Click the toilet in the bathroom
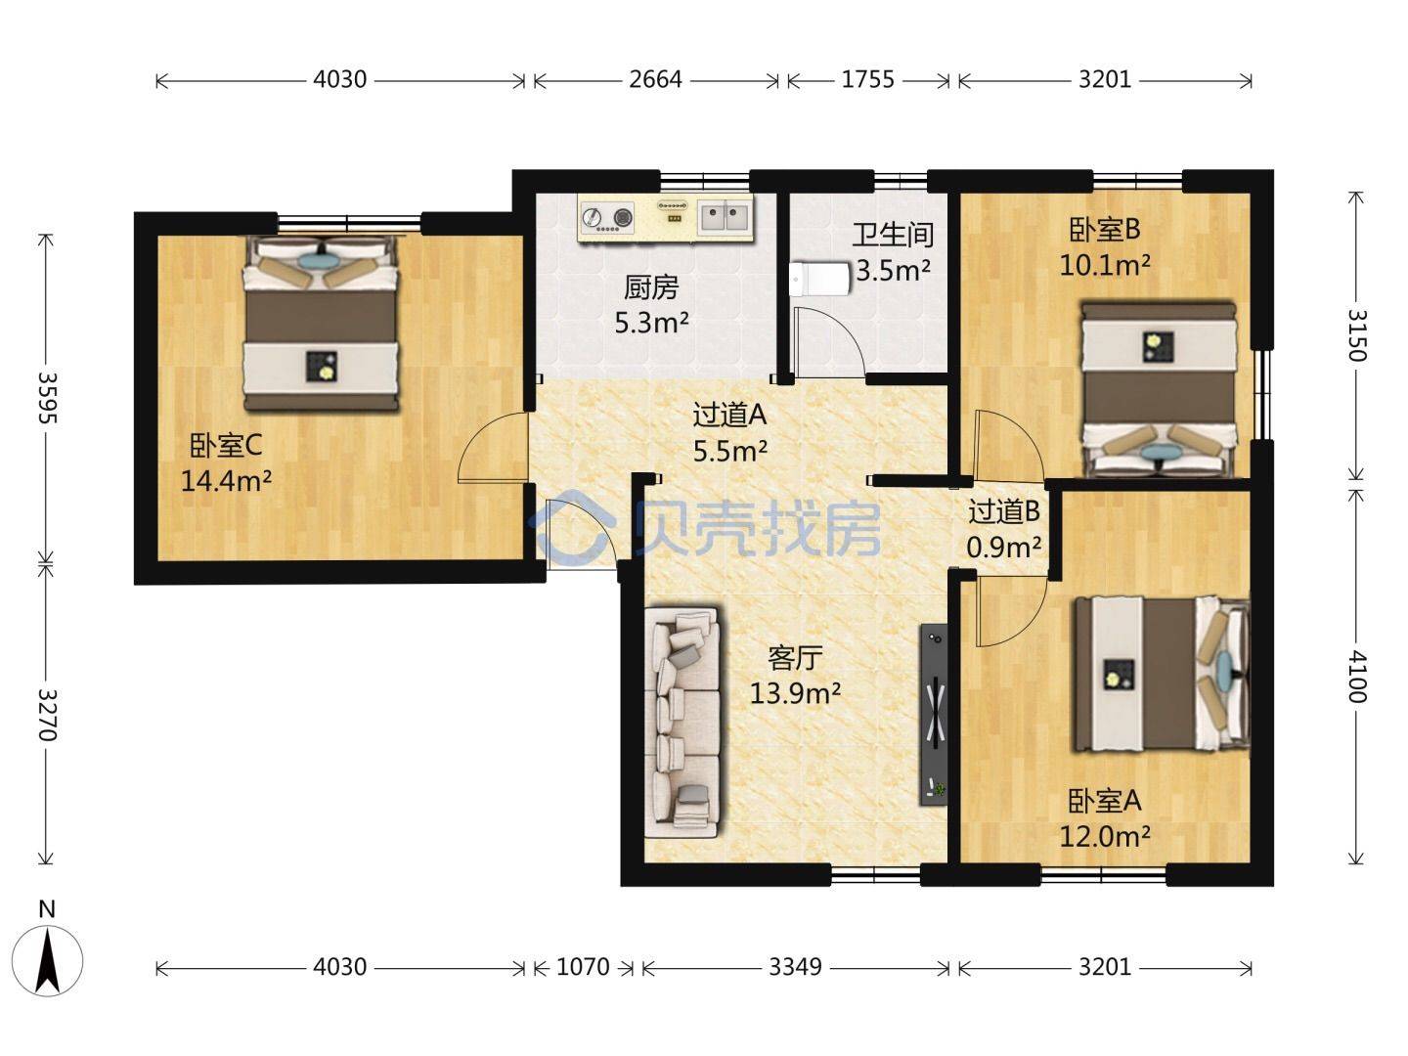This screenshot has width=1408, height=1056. coord(818,279)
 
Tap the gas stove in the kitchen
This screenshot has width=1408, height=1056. coord(607,217)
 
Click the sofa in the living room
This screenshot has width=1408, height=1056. coord(682,723)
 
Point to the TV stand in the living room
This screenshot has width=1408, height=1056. coord(934,714)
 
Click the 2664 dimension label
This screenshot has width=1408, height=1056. coord(655,79)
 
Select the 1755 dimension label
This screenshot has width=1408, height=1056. coord(867,79)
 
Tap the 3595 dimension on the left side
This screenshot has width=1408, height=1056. coord(46,398)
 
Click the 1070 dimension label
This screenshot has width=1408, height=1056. coord(583,967)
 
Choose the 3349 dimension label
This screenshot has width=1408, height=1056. coord(795,967)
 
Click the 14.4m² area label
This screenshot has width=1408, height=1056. coord(226,480)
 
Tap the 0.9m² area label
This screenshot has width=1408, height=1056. coord(1004,547)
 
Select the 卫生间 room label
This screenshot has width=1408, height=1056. coord(893,236)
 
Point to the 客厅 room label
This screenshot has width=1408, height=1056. coord(795,658)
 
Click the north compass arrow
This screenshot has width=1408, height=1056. coord(48,962)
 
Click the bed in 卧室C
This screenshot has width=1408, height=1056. coord(320,324)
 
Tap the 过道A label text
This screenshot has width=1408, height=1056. coord(729,416)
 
